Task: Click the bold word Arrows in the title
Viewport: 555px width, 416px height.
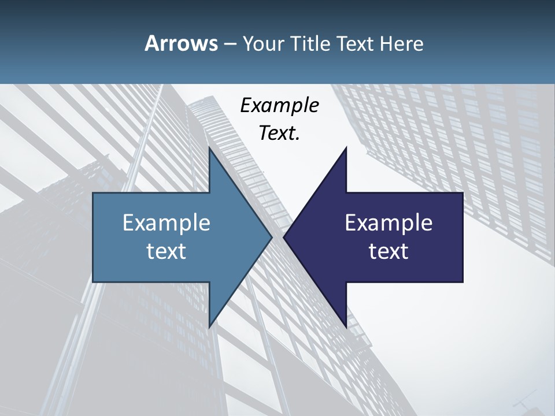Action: pyautogui.click(x=180, y=43)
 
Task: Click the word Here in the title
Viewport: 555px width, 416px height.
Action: pyautogui.click(x=401, y=43)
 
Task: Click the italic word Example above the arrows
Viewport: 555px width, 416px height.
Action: pyautogui.click(x=279, y=105)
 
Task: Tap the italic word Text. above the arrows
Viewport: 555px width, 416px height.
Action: pyautogui.click(x=279, y=133)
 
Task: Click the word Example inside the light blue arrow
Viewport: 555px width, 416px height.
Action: pyautogui.click(x=166, y=222)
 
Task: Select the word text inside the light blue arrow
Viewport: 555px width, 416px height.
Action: pyautogui.click(x=166, y=251)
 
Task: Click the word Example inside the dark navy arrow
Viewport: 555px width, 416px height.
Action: pyautogui.click(x=388, y=222)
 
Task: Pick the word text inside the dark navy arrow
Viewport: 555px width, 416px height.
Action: pyautogui.click(x=388, y=251)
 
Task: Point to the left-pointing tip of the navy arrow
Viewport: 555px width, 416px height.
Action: pyautogui.click(x=284, y=237)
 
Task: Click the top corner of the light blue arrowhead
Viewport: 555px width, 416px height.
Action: pyautogui.click(x=210, y=148)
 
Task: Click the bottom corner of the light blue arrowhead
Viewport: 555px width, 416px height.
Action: pyautogui.click(x=210, y=326)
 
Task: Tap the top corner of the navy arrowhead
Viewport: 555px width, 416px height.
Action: pyautogui.click(x=346, y=148)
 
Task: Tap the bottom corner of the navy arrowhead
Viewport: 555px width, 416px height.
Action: pyautogui.click(x=346, y=326)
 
